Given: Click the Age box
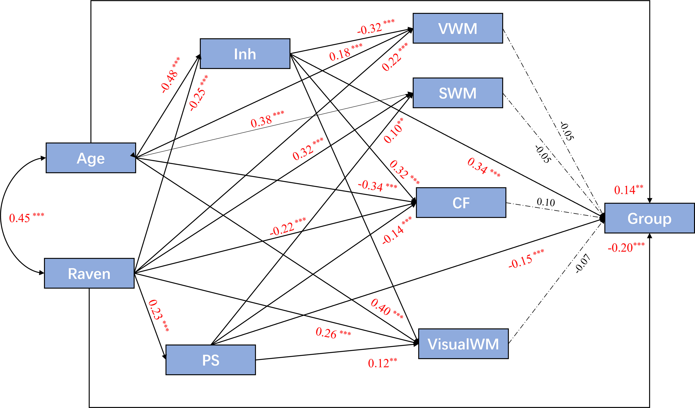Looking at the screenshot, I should coord(91,158).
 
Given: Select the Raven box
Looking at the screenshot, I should coord(89,274).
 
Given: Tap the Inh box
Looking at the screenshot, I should coord(245,54).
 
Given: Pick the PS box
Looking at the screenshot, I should coord(211,360).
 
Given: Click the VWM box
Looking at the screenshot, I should coord(458,28).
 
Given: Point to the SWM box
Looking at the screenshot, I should coord(458,93).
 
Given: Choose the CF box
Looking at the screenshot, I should coord(461,203).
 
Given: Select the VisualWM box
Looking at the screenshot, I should coord(463,344).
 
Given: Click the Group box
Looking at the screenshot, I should coord(650,218).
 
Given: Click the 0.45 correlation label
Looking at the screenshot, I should coord(26,218).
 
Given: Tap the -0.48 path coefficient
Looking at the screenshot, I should coord(170,75).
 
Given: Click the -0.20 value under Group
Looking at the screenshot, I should coord(626,247).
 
